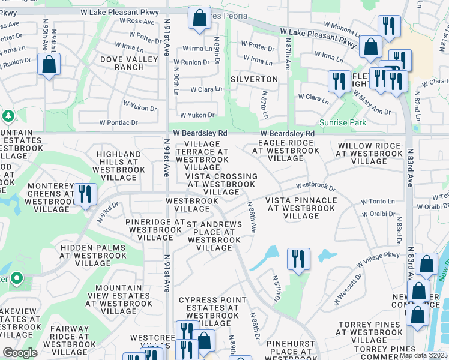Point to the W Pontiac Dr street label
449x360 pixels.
[x=119, y=122]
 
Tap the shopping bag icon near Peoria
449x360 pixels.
[x=199, y=18]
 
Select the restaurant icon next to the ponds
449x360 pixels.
[x=298, y=259]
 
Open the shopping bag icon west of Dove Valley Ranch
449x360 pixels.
[x=49, y=64]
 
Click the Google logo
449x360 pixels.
[x=20, y=353]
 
